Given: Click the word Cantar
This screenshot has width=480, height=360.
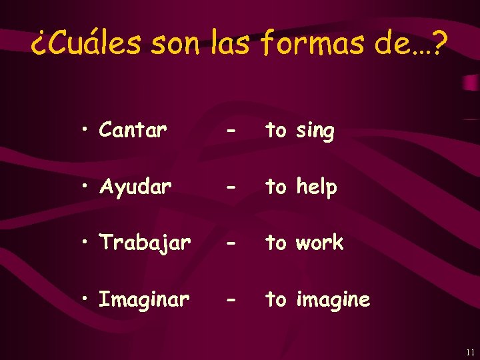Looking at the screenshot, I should pos(133,131).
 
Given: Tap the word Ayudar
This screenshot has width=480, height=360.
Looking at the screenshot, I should pos(135,187).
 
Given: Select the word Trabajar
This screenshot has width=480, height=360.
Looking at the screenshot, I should pos(145,243).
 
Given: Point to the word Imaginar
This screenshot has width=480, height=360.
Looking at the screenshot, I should pos(144,300).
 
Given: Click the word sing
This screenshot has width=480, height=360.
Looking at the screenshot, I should pos(315,131).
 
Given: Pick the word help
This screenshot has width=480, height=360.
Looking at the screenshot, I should pos(317,187).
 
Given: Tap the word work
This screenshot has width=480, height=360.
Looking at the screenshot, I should pos(319,243).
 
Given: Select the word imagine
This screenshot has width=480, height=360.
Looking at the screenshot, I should pos(333,301).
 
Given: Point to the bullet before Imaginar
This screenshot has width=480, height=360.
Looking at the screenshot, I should pos(87,300).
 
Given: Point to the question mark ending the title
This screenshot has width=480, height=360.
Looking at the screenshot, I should pos(441,44).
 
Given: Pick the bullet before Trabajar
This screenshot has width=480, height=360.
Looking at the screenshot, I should pos(87,243).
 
